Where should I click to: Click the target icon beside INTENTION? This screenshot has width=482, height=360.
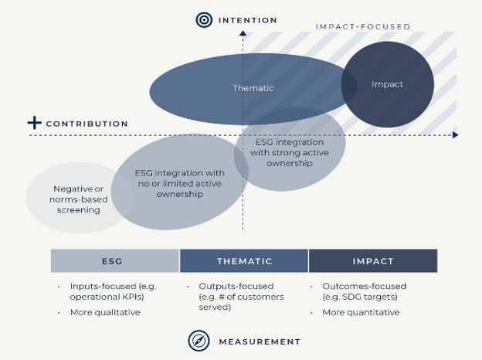pyautogui.click(x=203, y=19)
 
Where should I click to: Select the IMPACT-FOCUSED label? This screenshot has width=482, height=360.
pyautogui.click(x=362, y=27)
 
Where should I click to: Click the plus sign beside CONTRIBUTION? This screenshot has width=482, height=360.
pyautogui.click(x=34, y=122)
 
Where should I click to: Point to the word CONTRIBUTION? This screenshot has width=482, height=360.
pyautogui.click(x=87, y=124)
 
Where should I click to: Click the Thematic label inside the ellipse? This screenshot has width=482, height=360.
pyautogui.click(x=253, y=88)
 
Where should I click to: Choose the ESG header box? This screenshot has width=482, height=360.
pyautogui.click(x=115, y=261)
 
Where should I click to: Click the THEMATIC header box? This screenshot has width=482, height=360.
pyautogui.click(x=244, y=261)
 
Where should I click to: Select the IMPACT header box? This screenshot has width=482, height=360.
pyautogui.click(x=372, y=261)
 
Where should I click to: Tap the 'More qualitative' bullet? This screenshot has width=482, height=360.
pyautogui.click(x=104, y=312)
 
